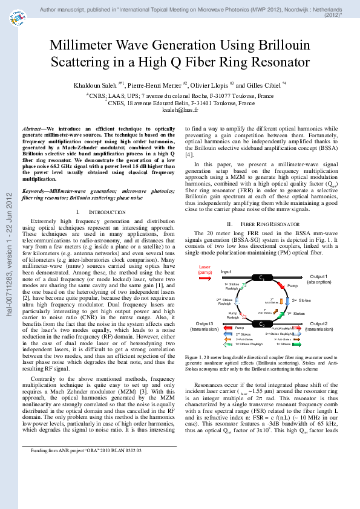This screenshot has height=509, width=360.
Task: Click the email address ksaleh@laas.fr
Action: click(180, 111)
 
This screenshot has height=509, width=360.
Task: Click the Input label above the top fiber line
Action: click(226, 255)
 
